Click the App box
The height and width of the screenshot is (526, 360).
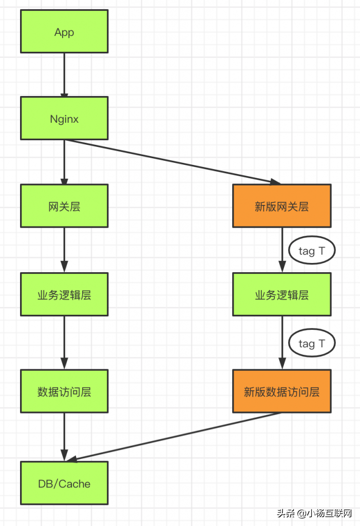[64, 31]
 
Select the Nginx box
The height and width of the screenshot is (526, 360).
[64, 118]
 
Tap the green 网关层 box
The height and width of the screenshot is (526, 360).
[64, 206]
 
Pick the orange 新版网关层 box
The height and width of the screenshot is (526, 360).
[281, 206]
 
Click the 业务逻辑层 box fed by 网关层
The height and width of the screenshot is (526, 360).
[64, 294]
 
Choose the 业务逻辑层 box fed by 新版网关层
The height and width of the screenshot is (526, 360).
[281, 294]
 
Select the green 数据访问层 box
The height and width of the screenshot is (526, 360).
[64, 391]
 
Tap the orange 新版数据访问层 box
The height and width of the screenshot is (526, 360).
[281, 391]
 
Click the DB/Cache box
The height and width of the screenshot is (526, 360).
[64, 483]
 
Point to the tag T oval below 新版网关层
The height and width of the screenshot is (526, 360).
[311, 251]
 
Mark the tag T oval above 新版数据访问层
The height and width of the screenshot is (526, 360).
[311, 343]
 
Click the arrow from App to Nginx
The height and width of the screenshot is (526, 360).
[64, 74]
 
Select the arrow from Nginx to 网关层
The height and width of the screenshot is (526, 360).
[64, 162]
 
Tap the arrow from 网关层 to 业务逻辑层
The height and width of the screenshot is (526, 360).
[64, 250]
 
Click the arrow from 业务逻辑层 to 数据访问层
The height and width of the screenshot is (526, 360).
[64, 342]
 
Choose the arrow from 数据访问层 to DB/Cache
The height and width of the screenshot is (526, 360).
[64, 437]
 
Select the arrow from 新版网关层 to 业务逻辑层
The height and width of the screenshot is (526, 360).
[282, 250]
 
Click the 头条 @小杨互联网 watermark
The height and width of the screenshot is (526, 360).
[314, 513]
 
